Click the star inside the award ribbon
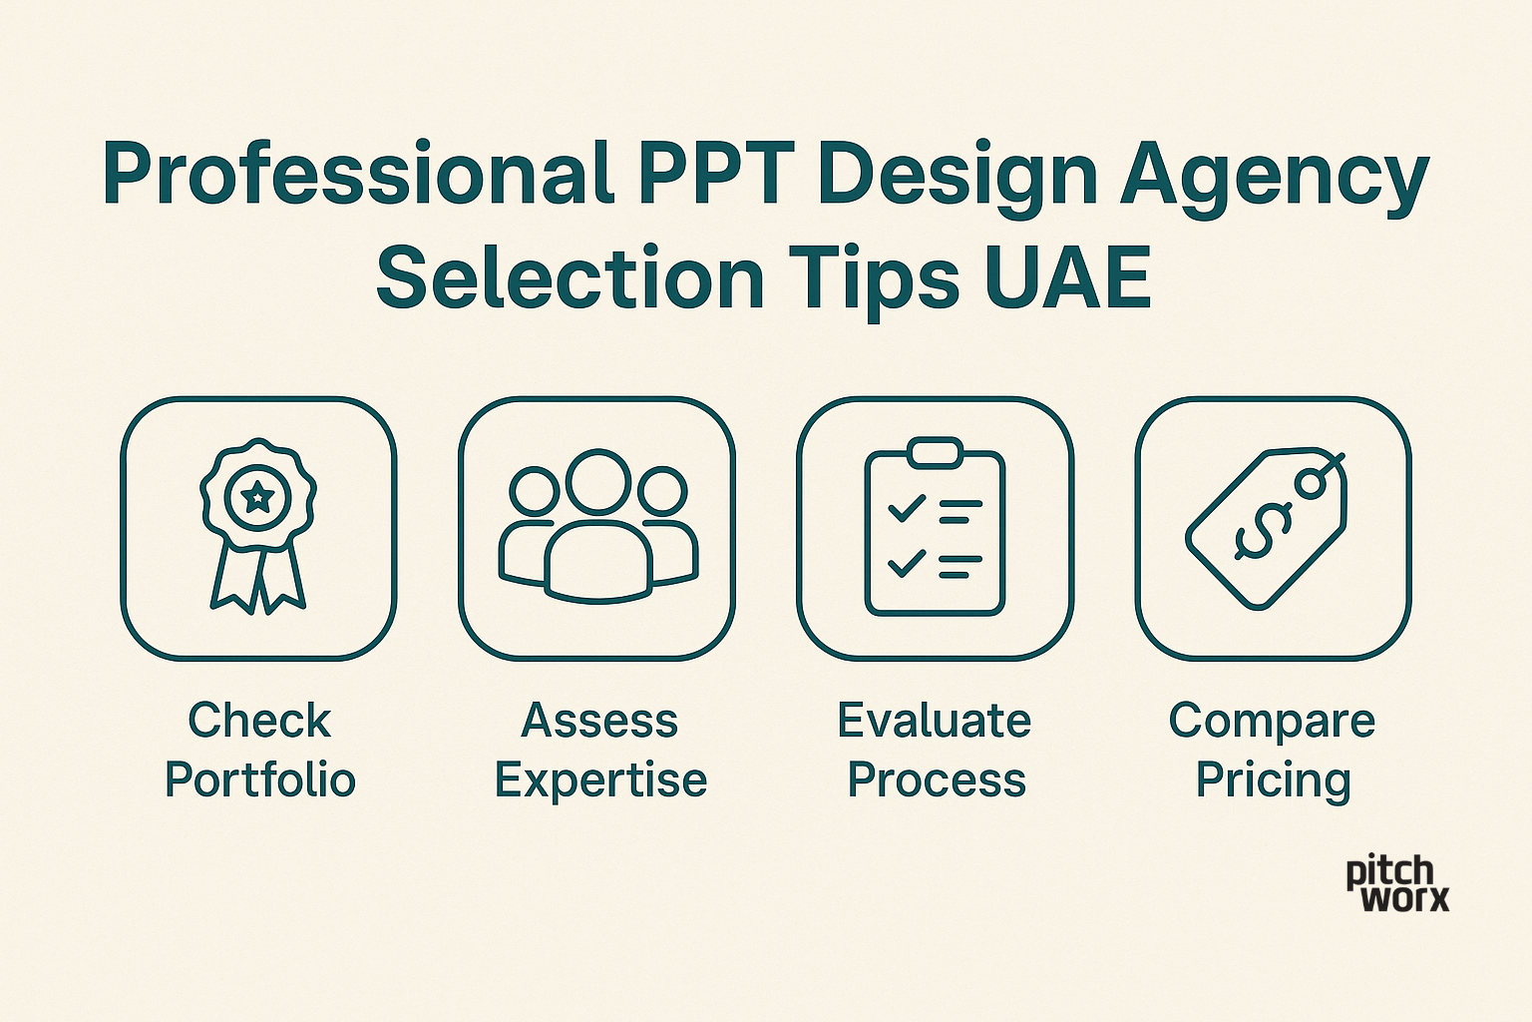[x=258, y=494]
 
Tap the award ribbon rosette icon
[x=258, y=526]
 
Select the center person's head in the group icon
[x=598, y=482]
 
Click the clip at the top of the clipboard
[x=935, y=452]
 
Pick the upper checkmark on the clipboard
[x=907, y=509]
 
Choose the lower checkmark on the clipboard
[x=907, y=563]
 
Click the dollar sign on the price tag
[x=1264, y=532]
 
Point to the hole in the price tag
[x=1312, y=483]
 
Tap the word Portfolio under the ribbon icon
[x=260, y=779]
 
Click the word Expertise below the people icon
[x=600, y=781]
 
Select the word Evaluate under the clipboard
[x=935, y=721]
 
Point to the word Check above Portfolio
[x=259, y=721]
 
